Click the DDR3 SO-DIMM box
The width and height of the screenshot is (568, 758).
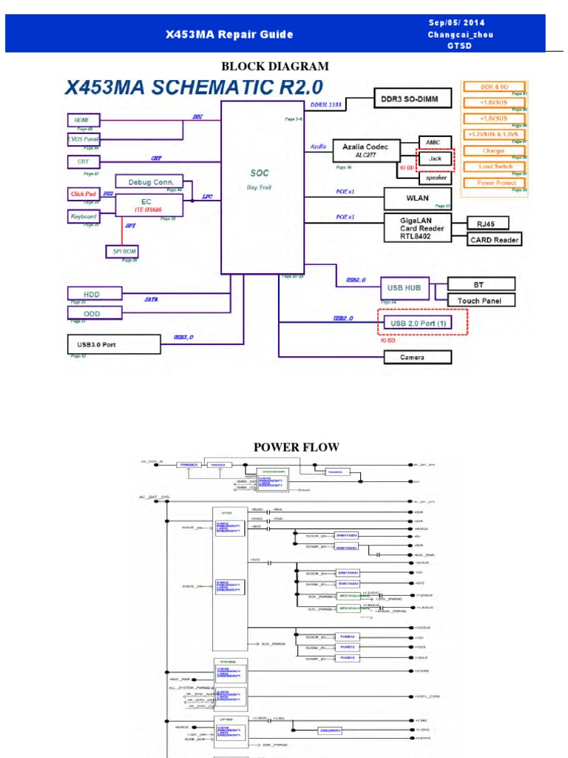[409, 98]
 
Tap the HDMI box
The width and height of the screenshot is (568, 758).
[82, 119]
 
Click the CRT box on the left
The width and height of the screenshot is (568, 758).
[83, 161]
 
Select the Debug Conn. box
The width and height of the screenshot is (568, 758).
[150, 181]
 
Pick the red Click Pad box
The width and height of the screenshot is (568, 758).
[83, 194]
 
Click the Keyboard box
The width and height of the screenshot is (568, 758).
[83, 216]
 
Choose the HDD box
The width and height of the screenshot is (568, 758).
[91, 294]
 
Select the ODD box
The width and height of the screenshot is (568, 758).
[91, 313]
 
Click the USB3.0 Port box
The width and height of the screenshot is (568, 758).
[113, 343]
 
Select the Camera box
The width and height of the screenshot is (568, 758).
[417, 358]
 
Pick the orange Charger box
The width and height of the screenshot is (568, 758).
[494, 150]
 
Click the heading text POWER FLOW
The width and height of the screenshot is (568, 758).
[286, 447]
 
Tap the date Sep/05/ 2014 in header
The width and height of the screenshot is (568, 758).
[456, 22]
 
